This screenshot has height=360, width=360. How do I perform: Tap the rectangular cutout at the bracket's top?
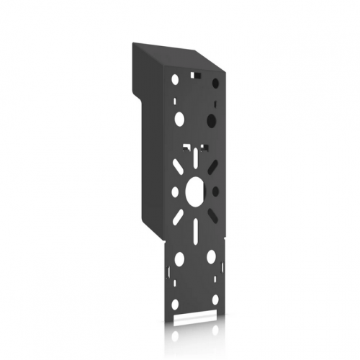pyautogui.click(x=194, y=74)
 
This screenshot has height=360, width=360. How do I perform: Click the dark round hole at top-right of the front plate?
pyautogui.click(x=215, y=84)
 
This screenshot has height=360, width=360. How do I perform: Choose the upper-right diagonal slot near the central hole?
pyautogui.click(x=211, y=167)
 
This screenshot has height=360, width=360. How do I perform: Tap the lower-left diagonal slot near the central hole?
pyautogui.click(x=177, y=215)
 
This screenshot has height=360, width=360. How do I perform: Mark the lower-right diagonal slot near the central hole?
pyautogui.click(x=212, y=215)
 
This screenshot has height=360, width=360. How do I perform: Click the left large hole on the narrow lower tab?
pyautogui.click(x=179, y=258)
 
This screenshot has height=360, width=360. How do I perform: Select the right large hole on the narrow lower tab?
pyautogui.click(x=211, y=256)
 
